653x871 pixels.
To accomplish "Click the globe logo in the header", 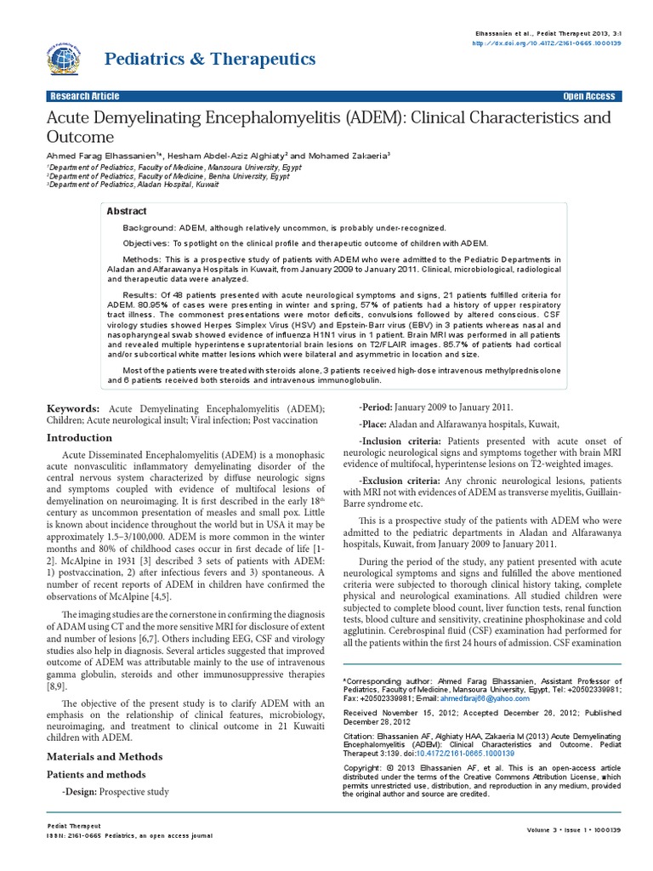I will click(69, 59).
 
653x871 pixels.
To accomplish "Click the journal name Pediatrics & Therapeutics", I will click(210, 59).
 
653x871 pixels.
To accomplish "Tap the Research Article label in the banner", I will click(86, 96).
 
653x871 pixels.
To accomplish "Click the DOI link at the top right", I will click(559, 43).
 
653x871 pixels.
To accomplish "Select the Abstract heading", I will click(127, 211).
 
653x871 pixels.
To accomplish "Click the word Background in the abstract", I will click(147, 229).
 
